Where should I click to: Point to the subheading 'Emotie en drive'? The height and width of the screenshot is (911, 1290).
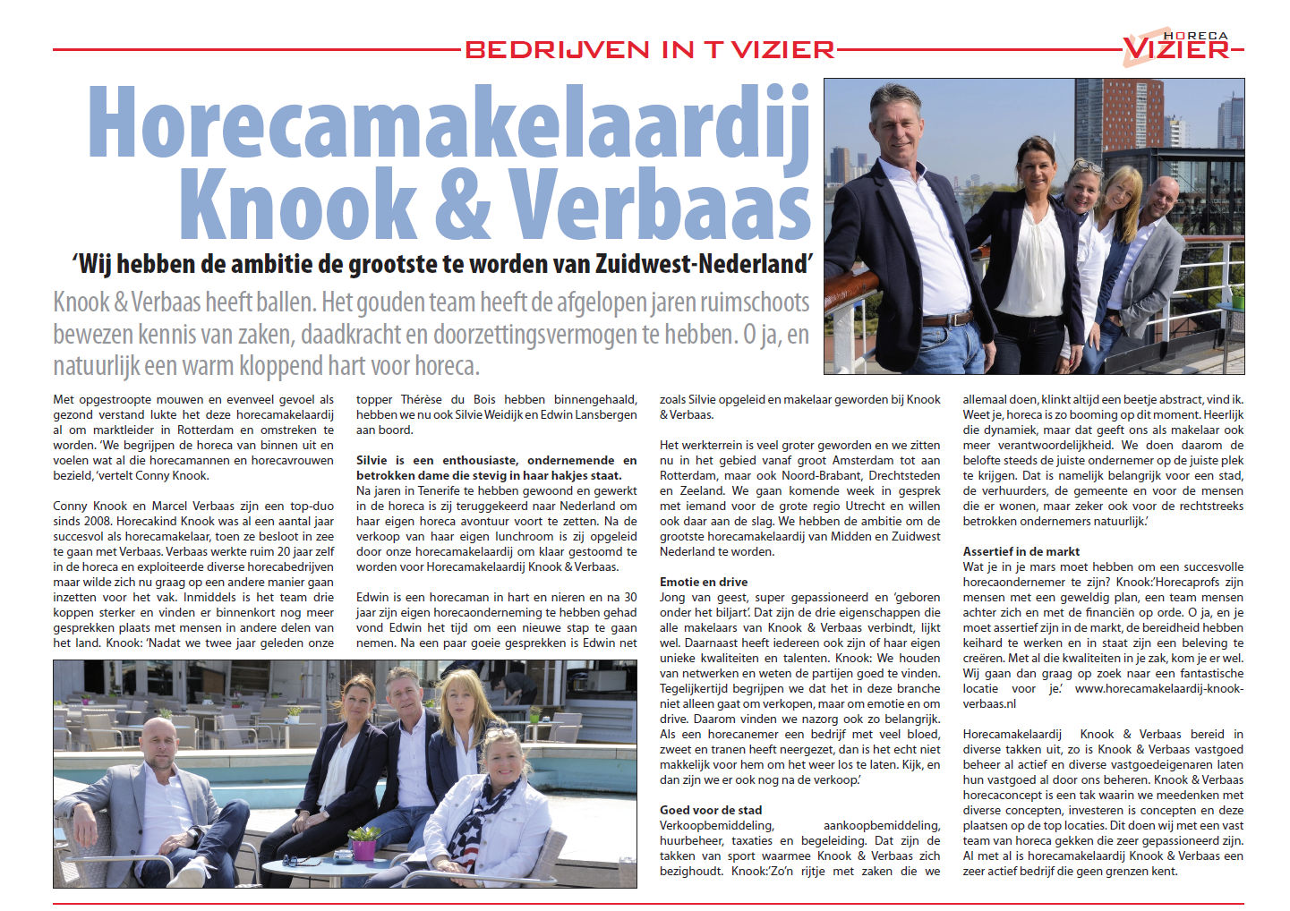coord(704,582)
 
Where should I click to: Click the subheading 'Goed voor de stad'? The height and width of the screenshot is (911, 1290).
coord(711,810)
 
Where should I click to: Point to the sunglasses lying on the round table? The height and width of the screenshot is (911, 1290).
coord(303,860)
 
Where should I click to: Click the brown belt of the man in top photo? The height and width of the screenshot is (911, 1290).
coord(946,319)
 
